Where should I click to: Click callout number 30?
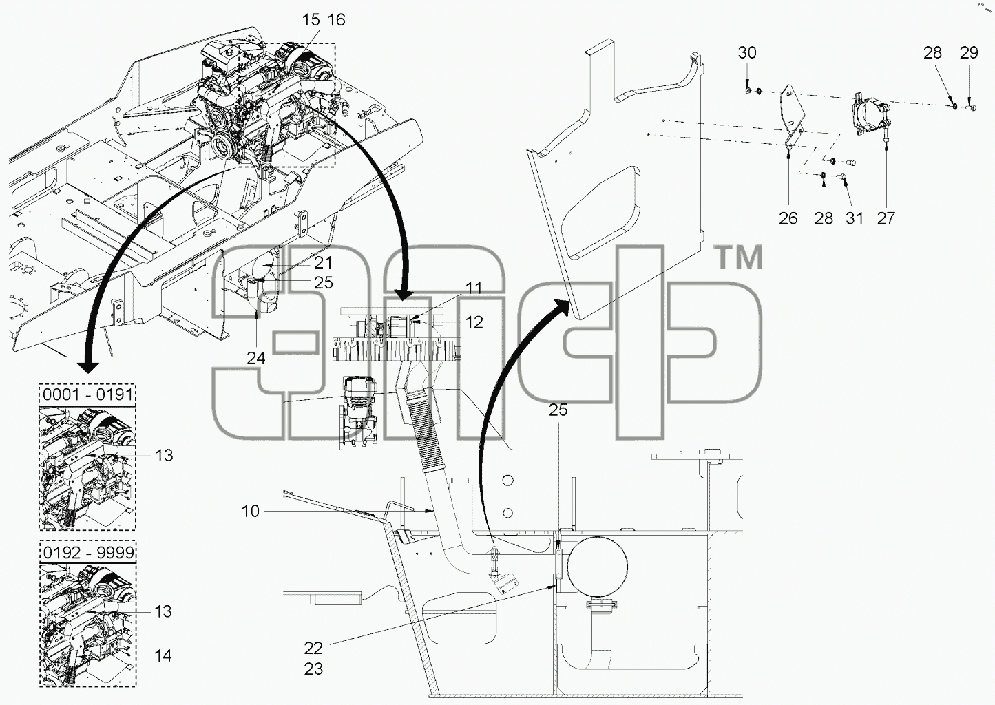click(x=747, y=53)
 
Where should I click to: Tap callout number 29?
click(x=969, y=53)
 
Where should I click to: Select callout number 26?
click(x=788, y=218)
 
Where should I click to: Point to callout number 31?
click(x=855, y=218)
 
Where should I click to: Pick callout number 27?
click(x=886, y=218)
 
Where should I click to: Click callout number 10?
click(x=251, y=511)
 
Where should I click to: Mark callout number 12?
click(x=474, y=322)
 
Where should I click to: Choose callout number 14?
click(x=163, y=655)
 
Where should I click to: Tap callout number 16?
click(x=337, y=19)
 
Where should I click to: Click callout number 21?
click(x=323, y=262)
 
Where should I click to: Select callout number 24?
click(x=256, y=357)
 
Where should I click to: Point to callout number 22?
click(x=313, y=648)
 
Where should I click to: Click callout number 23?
click(x=313, y=669)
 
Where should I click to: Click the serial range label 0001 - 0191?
click(x=88, y=394)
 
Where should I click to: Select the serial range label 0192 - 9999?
click(x=88, y=552)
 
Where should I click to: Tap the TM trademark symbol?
click(x=740, y=257)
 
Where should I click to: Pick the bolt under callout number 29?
click(x=971, y=107)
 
